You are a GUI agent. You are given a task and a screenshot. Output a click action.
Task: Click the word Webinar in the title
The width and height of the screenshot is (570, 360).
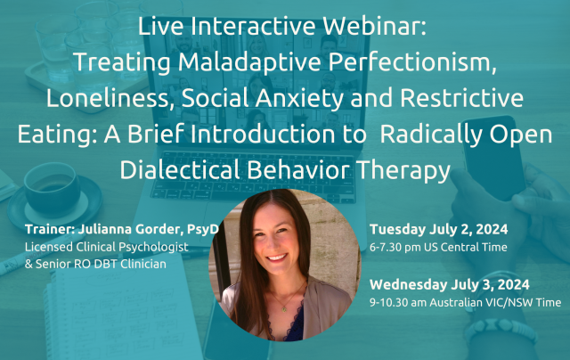[374, 26]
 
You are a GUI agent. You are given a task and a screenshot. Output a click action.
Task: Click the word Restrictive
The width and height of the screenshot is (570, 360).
[461, 98]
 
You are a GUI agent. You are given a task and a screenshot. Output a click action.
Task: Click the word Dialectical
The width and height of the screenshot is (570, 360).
[180, 170]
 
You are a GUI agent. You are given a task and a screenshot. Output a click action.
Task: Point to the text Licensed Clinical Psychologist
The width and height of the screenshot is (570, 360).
[107, 247]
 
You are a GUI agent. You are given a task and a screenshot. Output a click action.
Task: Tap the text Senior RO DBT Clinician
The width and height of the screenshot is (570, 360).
[101, 264]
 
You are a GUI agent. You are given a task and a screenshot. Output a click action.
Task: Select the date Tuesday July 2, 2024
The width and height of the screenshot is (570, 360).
[439, 229]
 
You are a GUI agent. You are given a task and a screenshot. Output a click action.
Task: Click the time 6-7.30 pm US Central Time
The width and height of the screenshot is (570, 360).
[438, 247]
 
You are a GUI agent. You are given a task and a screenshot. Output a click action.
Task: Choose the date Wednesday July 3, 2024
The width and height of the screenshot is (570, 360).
[449, 285]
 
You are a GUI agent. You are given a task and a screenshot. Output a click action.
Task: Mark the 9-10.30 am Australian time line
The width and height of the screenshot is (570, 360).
[465, 303]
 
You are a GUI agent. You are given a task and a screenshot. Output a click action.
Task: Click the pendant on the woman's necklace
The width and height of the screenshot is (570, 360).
[284, 309]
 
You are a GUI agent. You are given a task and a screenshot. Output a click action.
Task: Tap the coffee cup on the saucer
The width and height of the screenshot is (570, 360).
[51, 189]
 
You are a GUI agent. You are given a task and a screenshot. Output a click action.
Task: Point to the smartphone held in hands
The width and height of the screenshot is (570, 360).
[494, 157]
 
